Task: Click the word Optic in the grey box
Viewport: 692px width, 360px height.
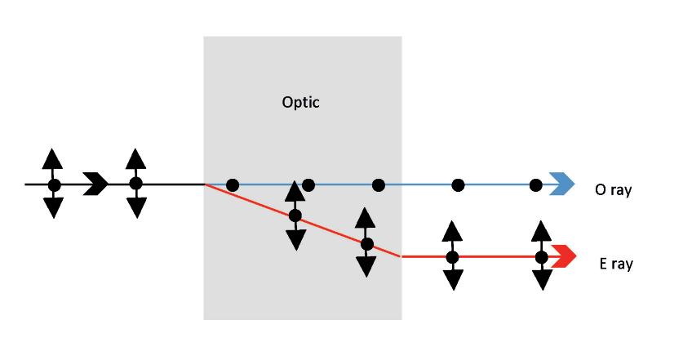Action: pos(301,103)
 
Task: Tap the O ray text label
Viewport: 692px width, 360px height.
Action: pos(613,189)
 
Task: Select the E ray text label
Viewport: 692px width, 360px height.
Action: pos(614,264)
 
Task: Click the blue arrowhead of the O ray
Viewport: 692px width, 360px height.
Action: pos(562,184)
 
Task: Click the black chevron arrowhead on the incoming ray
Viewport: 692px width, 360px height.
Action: pos(96,184)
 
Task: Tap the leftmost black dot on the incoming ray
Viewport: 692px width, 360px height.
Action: pos(54,185)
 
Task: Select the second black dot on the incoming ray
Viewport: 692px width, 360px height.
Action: pos(135,184)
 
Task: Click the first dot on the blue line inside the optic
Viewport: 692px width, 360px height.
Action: pos(233,185)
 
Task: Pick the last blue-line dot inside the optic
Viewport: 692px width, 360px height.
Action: pos(379,185)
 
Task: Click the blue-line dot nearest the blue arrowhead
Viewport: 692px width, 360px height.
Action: pos(535,185)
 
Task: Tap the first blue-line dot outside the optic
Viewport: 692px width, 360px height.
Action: pos(459,185)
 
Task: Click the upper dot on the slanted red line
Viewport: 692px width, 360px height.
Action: pos(295,216)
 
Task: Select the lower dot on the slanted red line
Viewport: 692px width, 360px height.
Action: pos(366,243)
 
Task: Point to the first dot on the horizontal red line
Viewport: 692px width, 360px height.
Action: pos(452,257)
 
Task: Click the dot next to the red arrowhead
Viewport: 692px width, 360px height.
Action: pos(541,257)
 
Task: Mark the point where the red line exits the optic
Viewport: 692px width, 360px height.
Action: pos(401,256)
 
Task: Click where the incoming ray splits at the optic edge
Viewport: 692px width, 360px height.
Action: pos(204,184)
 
